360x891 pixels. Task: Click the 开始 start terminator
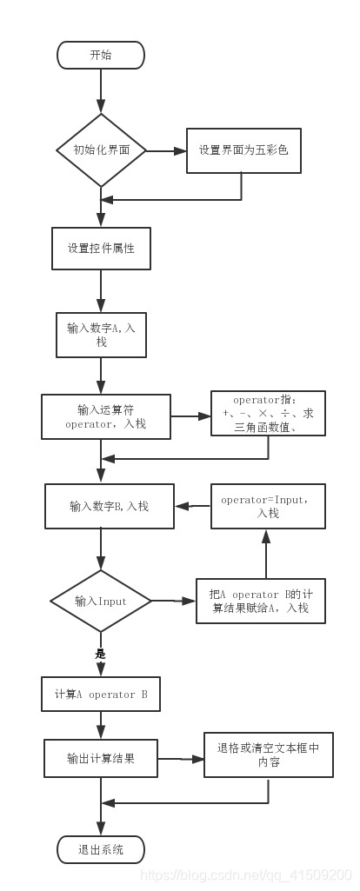(101, 55)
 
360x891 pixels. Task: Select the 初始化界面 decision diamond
(101, 150)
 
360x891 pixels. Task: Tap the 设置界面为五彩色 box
(243, 150)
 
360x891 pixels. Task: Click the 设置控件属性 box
(101, 248)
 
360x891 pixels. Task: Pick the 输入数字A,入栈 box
(101, 335)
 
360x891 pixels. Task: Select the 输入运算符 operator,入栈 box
(106, 417)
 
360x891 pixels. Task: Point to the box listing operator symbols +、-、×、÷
(268, 414)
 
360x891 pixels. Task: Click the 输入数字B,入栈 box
(110, 505)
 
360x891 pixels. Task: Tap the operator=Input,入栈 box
(268, 506)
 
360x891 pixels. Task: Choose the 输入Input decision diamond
(101, 601)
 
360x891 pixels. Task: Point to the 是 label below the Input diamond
(100, 653)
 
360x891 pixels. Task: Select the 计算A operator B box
(101, 695)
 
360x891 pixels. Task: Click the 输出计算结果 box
(101, 758)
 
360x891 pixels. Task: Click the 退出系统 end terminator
(101, 849)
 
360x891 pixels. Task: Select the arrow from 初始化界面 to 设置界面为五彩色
(167, 150)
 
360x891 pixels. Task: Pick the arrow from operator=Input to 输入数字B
(193, 505)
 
